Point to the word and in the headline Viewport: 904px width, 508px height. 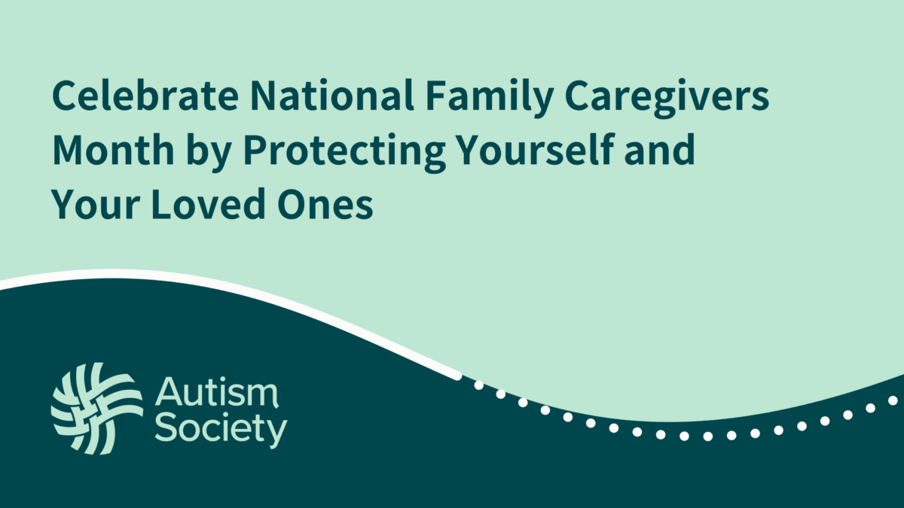click(x=665, y=151)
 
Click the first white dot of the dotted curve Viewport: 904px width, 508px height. click(x=478, y=385)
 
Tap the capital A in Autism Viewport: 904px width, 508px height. click(x=169, y=394)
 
